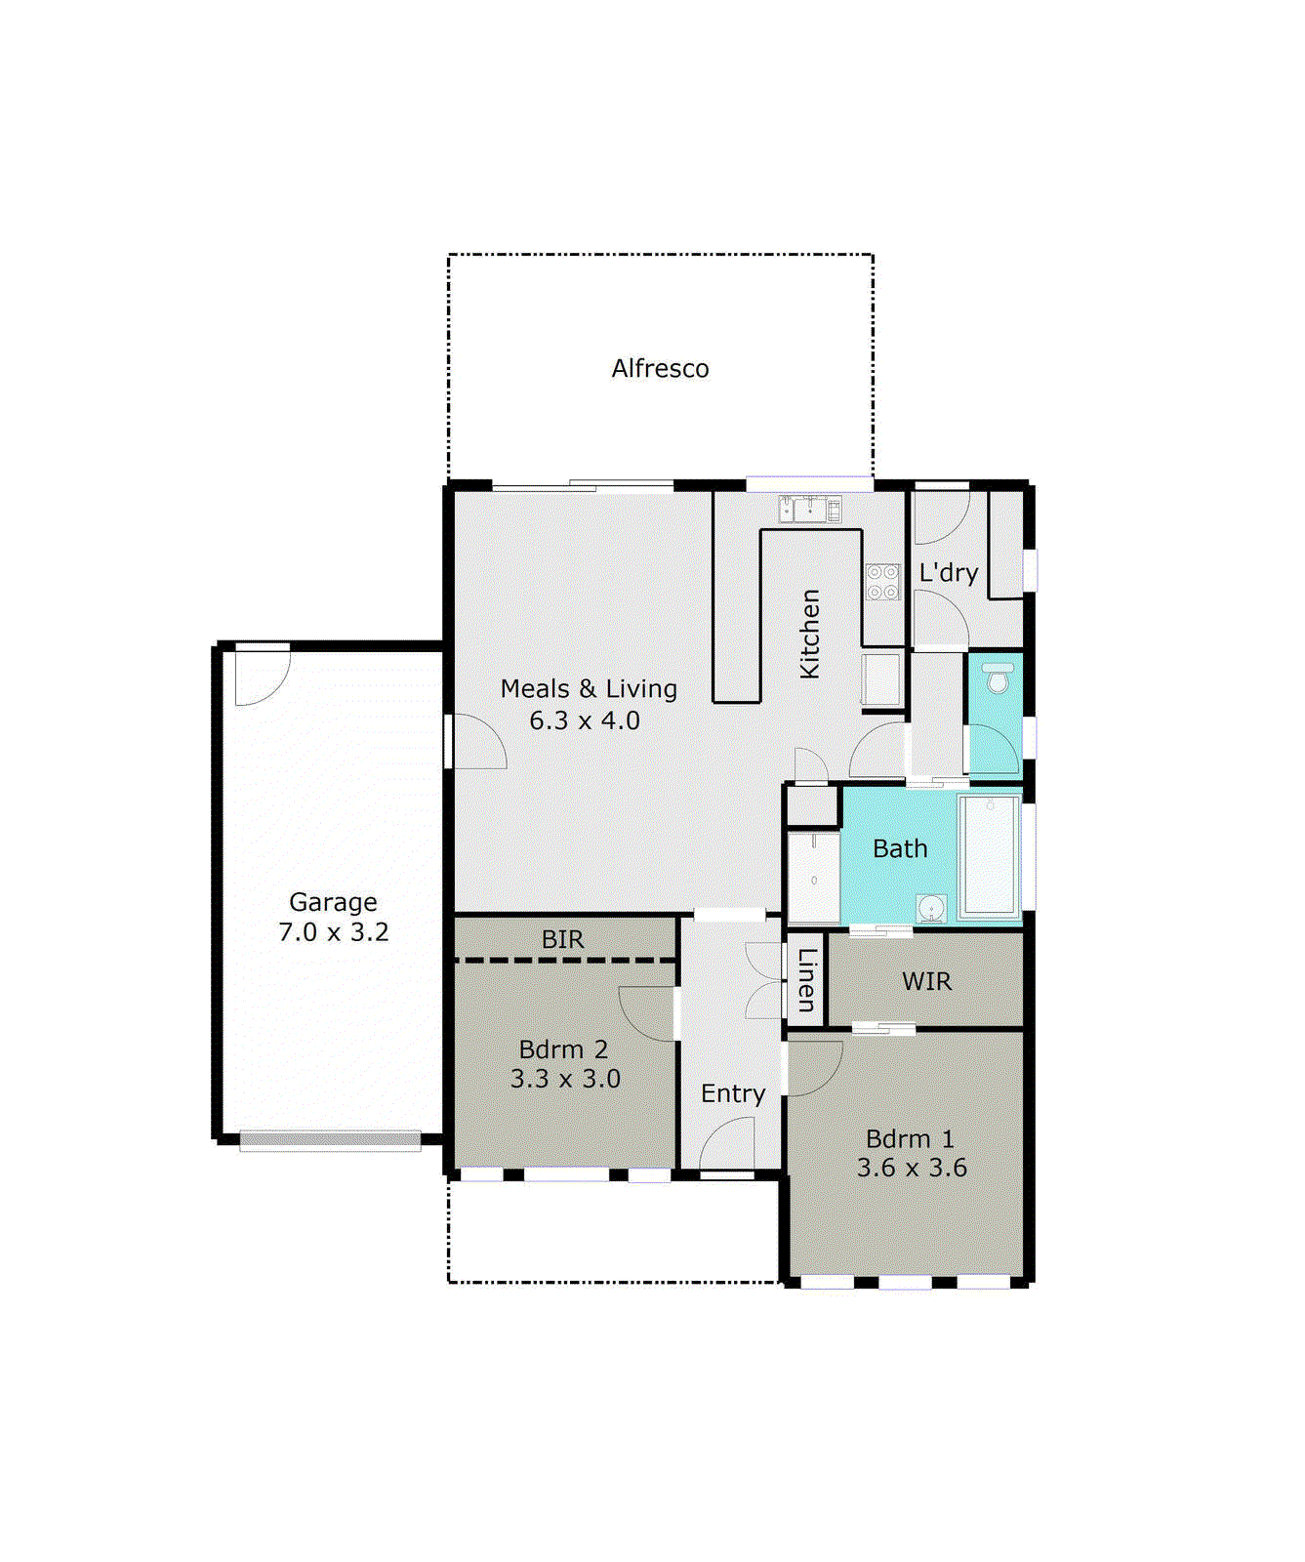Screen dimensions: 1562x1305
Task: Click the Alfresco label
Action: click(660, 369)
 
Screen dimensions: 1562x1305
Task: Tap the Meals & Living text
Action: click(588, 689)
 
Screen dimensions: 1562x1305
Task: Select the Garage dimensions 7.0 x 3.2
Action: click(334, 932)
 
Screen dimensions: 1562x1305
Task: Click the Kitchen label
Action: click(809, 634)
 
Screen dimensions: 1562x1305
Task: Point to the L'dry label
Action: click(948, 573)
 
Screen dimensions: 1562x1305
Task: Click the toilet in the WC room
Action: click(998, 678)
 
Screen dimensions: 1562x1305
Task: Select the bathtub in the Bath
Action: click(989, 857)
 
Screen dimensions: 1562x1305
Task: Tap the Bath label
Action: click(900, 849)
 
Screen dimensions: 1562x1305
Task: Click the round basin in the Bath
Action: click(931, 908)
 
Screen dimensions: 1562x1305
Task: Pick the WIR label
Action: click(926, 981)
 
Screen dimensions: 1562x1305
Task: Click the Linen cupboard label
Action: click(807, 979)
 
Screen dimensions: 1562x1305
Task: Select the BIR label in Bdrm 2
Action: click(562, 939)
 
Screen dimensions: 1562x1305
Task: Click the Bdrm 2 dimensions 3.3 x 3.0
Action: click(565, 1079)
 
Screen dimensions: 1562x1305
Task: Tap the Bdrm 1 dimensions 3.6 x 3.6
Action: click(912, 1168)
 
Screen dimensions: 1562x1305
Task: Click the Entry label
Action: click(733, 1093)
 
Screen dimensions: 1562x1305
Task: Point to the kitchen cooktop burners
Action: click(882, 582)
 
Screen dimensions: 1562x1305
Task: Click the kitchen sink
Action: click(809, 509)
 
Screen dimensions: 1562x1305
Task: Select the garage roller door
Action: click(330, 1139)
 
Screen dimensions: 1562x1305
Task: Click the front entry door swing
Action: click(727, 1144)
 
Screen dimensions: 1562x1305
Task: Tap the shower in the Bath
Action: click(814, 878)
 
